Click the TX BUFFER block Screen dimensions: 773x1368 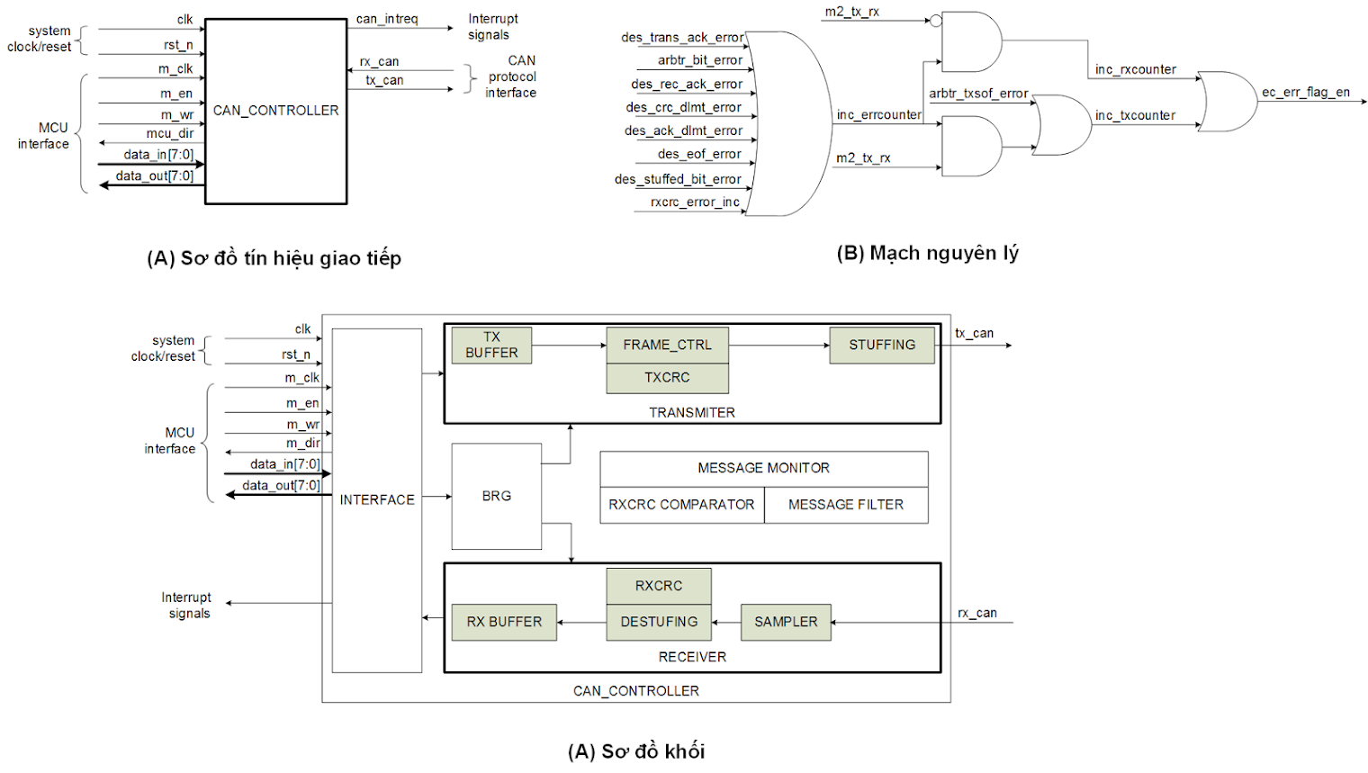(491, 346)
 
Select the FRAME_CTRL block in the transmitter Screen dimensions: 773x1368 (667, 345)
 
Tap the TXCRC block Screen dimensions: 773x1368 (667, 378)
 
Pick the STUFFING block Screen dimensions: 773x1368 (881, 346)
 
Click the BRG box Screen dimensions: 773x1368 (496, 496)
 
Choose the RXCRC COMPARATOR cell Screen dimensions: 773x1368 (681, 505)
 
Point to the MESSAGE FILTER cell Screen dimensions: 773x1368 (846, 505)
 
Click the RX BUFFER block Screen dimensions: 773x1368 (504, 622)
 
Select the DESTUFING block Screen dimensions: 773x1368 (659, 622)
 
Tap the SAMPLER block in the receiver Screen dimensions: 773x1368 (786, 622)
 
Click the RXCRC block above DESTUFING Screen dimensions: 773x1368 (659, 586)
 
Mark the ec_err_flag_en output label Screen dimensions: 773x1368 (1305, 92)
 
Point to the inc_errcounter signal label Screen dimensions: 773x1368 (878, 115)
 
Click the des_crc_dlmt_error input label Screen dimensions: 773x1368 (684, 108)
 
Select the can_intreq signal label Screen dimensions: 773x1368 (387, 19)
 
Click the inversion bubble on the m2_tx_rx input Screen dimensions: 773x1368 (936, 20)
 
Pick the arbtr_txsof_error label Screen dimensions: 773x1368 (978, 94)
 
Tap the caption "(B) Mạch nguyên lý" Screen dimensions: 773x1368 (927, 253)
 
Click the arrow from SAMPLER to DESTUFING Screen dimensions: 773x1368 (726, 622)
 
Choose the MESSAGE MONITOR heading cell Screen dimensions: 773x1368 (763, 468)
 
